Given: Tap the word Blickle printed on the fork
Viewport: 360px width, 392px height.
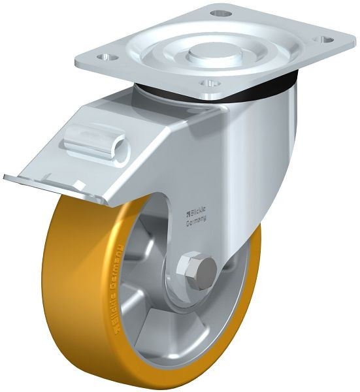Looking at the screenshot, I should (x=199, y=211).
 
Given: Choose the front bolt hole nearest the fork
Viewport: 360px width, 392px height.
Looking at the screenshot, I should (x=209, y=84).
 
